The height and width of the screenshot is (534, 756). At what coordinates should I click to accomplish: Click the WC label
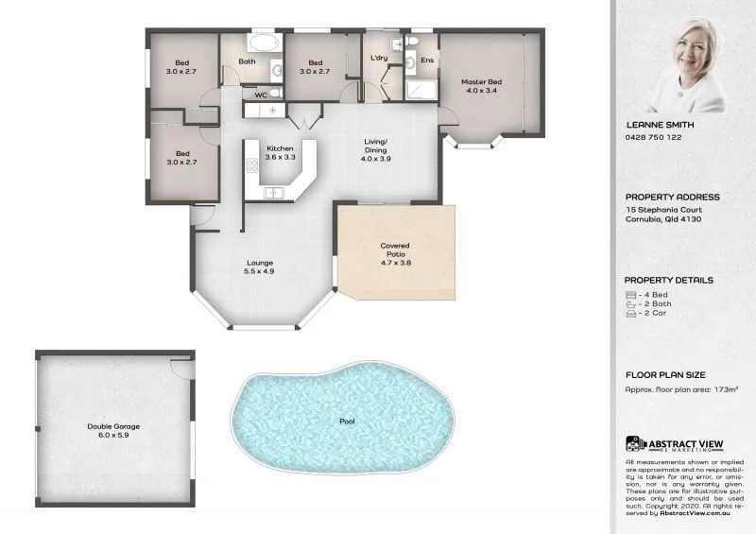point(261,95)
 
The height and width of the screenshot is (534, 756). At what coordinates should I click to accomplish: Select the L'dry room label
point(379,59)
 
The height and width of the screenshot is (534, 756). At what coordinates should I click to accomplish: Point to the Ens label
point(427,60)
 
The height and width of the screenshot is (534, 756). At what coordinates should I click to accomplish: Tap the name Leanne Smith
point(660,124)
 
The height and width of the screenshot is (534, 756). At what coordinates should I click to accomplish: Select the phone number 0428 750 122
point(654,137)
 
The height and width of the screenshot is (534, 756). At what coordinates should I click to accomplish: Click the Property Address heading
point(672,198)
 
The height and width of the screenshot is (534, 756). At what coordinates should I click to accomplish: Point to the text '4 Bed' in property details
point(653,295)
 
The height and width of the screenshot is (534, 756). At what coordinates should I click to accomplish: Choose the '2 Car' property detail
point(653,314)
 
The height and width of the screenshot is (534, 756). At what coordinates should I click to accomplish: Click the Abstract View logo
point(673,444)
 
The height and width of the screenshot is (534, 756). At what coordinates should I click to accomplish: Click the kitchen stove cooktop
point(252,165)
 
